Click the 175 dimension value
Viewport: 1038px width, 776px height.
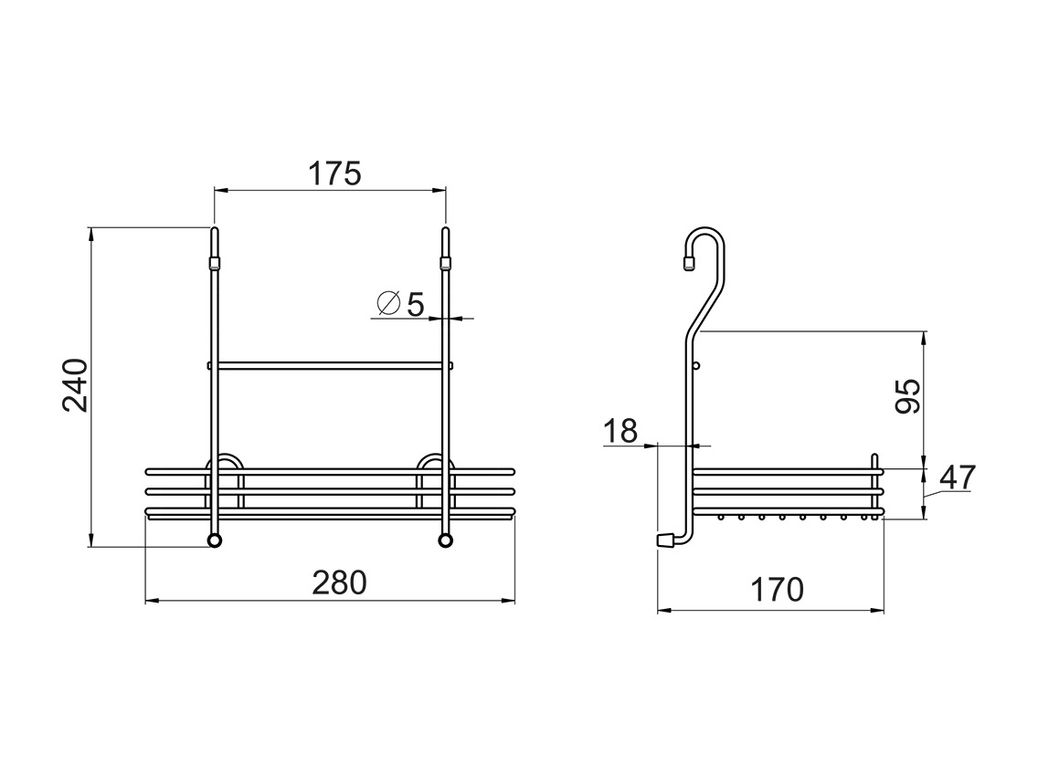pyautogui.click(x=335, y=174)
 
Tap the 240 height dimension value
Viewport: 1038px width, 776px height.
pyautogui.click(x=76, y=385)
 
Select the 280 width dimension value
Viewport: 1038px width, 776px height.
pyautogui.click(x=340, y=583)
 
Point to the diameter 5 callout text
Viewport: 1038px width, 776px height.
pyautogui.click(x=400, y=304)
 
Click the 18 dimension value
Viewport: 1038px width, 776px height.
pyautogui.click(x=620, y=431)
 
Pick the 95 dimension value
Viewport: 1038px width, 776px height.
pyautogui.click(x=907, y=396)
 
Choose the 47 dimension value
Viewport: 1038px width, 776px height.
pyautogui.click(x=958, y=477)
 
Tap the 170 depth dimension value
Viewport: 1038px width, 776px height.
pyautogui.click(x=777, y=590)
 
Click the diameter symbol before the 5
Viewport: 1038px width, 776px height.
pyautogui.click(x=388, y=303)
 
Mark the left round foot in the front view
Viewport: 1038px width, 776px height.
pyautogui.click(x=215, y=540)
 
